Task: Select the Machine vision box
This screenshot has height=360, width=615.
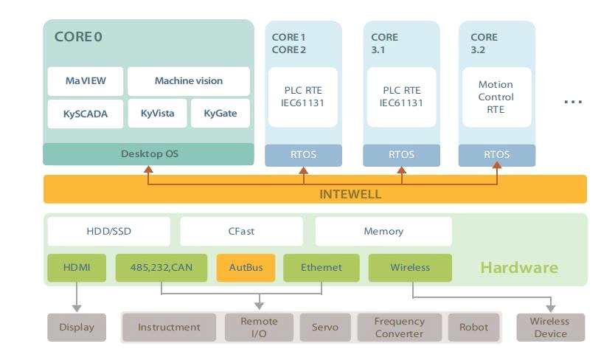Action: click(188, 80)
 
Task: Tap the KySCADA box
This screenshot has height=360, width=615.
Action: click(75, 114)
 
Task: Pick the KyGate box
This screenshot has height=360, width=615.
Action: click(220, 114)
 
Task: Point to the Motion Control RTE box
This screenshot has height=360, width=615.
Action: click(496, 97)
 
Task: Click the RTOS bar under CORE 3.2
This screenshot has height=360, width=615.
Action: click(496, 155)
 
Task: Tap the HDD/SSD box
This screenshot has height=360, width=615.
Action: click(108, 231)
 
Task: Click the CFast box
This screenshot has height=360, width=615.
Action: click(241, 231)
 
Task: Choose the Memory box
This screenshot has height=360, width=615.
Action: click(383, 231)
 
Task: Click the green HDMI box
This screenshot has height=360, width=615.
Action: click(77, 268)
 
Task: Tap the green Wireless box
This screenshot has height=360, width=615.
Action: click(410, 268)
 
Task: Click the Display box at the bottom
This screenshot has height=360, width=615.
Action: click(77, 327)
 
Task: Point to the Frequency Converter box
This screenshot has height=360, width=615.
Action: click(399, 328)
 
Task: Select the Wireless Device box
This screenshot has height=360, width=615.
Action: click(551, 328)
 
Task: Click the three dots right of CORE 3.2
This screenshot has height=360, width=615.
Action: click(573, 101)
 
